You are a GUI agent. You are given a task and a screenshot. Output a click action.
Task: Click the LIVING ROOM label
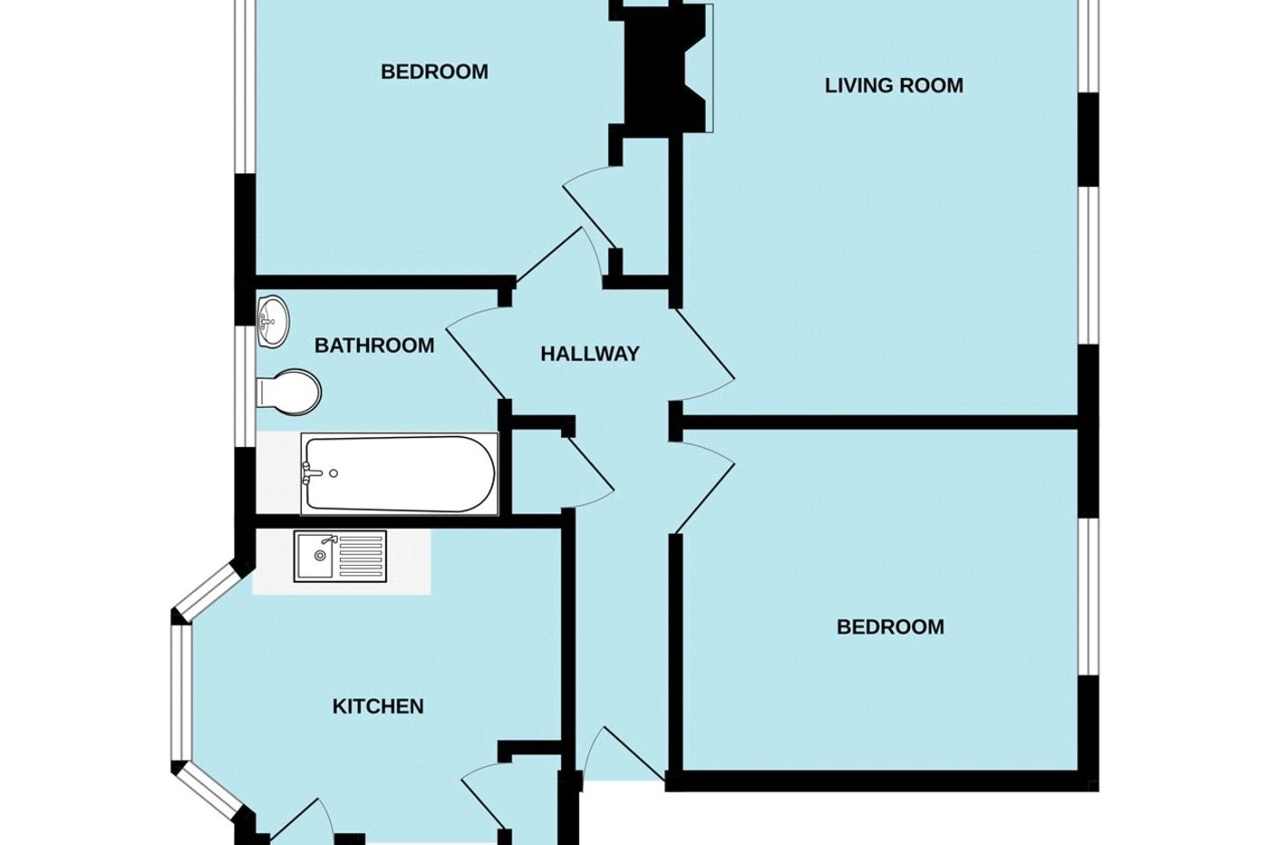(x=894, y=86)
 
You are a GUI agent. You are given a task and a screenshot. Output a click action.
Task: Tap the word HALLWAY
(x=589, y=355)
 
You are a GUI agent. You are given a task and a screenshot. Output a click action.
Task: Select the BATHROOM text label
(x=373, y=345)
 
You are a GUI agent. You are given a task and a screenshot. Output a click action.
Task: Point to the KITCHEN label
(x=378, y=706)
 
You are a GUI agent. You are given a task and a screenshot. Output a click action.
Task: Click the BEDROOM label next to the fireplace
(x=434, y=72)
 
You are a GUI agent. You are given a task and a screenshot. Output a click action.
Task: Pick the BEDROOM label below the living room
(x=890, y=626)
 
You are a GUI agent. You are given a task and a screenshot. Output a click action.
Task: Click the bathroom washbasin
(x=273, y=321)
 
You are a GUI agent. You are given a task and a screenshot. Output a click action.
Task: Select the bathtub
(x=399, y=473)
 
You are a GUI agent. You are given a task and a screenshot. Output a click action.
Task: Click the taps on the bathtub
(x=311, y=471)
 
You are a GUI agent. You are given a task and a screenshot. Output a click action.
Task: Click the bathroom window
(x=242, y=385)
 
